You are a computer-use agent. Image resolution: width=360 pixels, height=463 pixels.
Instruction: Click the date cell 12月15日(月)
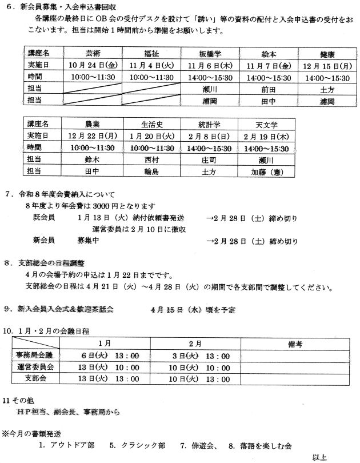(327, 65)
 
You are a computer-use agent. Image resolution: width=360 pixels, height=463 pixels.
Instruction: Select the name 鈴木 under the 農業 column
(92, 159)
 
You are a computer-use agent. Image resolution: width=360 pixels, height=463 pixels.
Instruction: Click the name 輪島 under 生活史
(150, 171)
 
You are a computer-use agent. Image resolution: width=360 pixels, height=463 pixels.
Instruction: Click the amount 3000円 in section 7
(107, 206)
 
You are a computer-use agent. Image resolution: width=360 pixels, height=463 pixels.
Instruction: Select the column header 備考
(295, 344)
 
